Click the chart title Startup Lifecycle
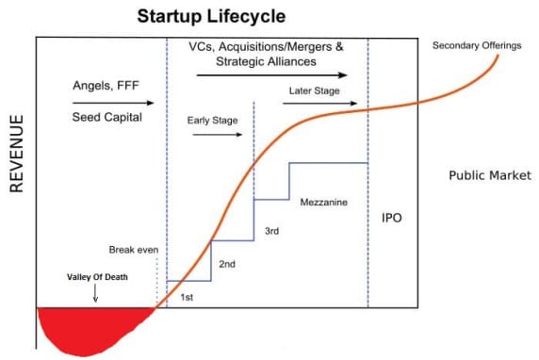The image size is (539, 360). [x=211, y=16]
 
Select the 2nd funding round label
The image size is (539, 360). [x=227, y=265]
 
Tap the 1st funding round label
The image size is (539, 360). [x=187, y=297]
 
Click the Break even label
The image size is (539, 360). [x=133, y=251]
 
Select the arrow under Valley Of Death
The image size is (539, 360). [x=95, y=297]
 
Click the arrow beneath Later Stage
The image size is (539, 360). [x=314, y=103]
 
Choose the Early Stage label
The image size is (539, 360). [x=211, y=121]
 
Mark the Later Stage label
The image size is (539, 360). [x=315, y=90]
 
